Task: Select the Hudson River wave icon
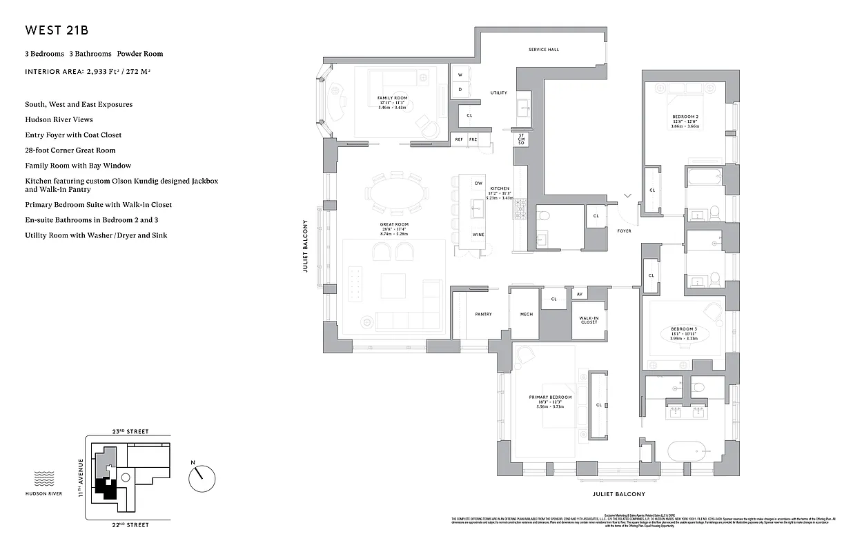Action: (x=44, y=478)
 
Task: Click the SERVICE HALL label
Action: (x=544, y=50)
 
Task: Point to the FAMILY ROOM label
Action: (x=392, y=98)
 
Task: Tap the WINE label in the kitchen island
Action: (x=478, y=235)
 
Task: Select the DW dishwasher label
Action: (x=478, y=183)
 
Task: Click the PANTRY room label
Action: (x=483, y=315)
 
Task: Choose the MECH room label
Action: (x=526, y=315)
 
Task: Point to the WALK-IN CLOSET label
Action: (x=589, y=320)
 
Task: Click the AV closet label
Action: (x=579, y=295)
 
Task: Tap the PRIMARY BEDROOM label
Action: (x=550, y=397)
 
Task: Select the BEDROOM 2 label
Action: (x=685, y=117)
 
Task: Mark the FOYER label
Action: (x=624, y=230)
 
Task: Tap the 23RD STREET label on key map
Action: (x=130, y=431)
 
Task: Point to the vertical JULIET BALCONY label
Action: (x=304, y=246)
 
